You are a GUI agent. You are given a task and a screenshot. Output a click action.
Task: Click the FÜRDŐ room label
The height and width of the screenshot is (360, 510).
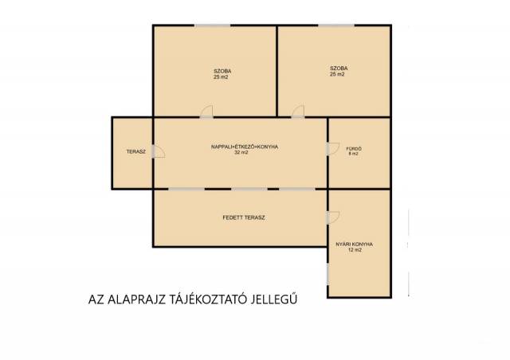354,149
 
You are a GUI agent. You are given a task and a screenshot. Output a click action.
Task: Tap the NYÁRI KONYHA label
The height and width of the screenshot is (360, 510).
354,245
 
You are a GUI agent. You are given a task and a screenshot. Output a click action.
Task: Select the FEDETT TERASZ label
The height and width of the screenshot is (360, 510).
244,217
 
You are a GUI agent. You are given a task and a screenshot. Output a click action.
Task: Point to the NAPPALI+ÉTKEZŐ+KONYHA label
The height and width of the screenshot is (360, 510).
245,147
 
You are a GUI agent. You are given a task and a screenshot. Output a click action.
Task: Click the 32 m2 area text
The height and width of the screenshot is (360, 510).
241,152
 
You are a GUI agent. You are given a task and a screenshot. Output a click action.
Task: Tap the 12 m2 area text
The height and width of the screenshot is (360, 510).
355,250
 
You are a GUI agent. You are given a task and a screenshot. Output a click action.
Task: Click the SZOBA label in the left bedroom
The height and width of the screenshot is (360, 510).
222,71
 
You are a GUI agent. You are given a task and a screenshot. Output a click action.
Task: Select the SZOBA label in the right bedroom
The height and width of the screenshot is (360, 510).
339,68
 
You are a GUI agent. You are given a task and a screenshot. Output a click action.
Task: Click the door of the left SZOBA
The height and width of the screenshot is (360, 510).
206,112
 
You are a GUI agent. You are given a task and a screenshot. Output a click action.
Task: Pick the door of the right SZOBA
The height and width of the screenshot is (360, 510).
298,112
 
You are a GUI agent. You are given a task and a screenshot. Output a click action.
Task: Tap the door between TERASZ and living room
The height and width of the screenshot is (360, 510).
159,151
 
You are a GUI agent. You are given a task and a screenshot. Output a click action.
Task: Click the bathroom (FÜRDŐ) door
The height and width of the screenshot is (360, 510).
333,149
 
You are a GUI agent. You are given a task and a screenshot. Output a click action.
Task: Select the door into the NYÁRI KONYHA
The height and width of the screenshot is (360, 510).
333,217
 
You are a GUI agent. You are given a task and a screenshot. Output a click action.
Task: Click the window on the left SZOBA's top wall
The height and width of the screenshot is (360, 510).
213,25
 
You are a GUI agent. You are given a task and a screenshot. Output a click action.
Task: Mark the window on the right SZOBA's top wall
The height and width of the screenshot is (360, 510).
336,25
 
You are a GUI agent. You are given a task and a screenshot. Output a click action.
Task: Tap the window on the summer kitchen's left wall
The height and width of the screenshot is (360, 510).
328,274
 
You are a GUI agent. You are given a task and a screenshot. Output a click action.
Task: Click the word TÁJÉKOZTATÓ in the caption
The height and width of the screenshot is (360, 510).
210,299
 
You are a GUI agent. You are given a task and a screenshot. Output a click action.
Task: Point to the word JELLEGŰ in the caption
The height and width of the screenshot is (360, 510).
274,299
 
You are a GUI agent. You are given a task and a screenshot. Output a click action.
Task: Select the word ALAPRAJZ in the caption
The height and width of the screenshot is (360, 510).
137,299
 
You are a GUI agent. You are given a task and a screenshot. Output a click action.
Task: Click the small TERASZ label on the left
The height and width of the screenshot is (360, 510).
136,151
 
